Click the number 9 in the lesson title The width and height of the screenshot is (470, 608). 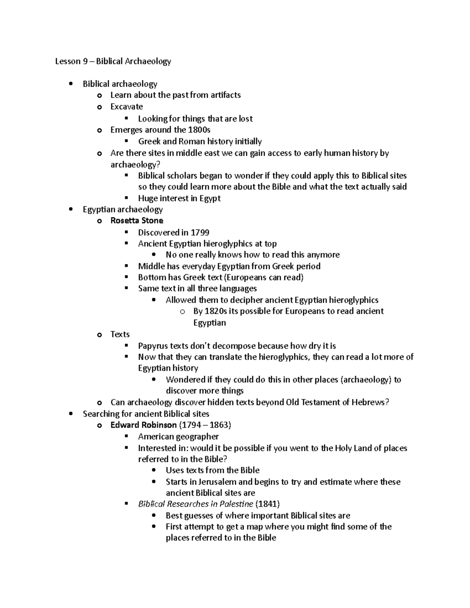pos(85,61)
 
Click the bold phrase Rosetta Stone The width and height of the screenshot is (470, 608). pos(137,220)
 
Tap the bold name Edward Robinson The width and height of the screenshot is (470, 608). pos(143,425)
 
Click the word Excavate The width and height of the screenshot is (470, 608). pos(127,106)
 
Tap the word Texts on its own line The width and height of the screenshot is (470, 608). pos(120,334)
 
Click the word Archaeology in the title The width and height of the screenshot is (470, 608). pos(148,61)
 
